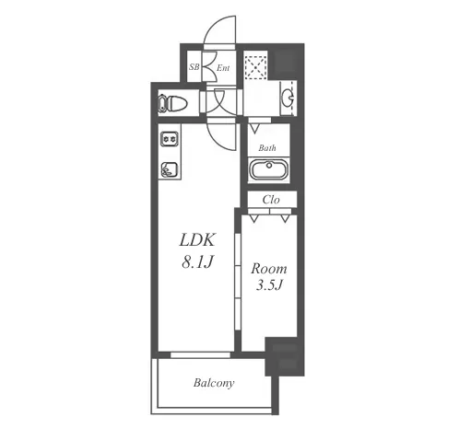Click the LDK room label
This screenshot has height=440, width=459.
click(x=197, y=240)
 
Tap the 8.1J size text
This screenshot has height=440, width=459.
click(x=197, y=262)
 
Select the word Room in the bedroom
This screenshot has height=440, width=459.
click(x=269, y=269)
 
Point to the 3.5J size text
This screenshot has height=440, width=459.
click(x=269, y=285)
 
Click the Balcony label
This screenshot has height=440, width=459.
click(x=214, y=383)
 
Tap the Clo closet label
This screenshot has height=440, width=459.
click(x=271, y=200)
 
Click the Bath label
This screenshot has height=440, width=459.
click(x=267, y=148)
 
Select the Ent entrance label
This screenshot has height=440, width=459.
click(x=223, y=68)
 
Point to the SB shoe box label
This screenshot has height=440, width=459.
click(x=194, y=66)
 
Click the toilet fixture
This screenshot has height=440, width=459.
click(x=172, y=103)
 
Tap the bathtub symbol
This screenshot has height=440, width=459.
click(x=269, y=169)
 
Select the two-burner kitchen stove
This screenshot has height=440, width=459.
click(x=170, y=139)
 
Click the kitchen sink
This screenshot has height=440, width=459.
click(x=170, y=169)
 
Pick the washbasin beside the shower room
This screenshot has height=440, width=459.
click(x=288, y=98)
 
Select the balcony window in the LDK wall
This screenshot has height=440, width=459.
click(x=200, y=355)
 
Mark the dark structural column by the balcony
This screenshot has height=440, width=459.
click(x=285, y=356)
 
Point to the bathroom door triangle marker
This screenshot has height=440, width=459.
click(x=254, y=129)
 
